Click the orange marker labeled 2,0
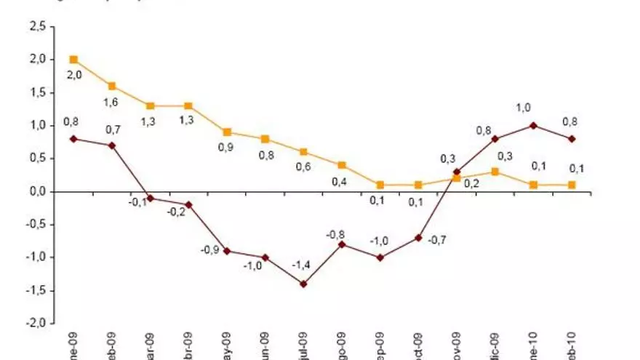[x=73, y=60]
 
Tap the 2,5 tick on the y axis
[x=36, y=27]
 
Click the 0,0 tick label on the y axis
[x=36, y=191]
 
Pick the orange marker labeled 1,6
[x=112, y=86]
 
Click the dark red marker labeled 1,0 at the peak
[x=533, y=125]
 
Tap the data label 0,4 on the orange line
[x=340, y=182]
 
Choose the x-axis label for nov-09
[x=457, y=346]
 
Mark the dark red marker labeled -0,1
[x=151, y=198]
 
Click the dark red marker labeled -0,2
[x=188, y=204]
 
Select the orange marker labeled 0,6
[x=303, y=152]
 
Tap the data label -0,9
[x=209, y=250]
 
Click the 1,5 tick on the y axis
[x=36, y=93]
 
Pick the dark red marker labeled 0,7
[x=112, y=145]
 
